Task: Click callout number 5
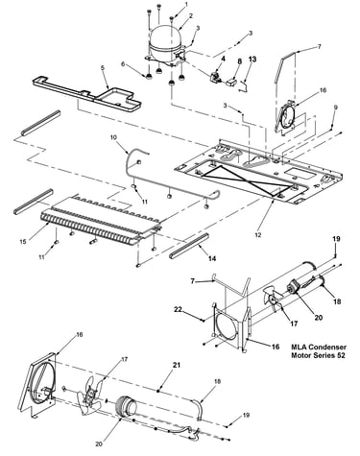[x=103, y=68]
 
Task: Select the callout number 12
[x=258, y=235]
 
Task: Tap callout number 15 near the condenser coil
[x=23, y=242]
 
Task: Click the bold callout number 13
[x=252, y=60]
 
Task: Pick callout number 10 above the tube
[x=113, y=137]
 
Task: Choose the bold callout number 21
[x=177, y=365]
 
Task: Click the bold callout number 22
[x=179, y=309]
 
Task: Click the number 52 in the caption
[x=341, y=355]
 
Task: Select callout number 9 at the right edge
[x=335, y=108]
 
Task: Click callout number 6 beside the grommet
[x=123, y=64]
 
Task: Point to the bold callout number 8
[x=240, y=60]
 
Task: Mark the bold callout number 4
[x=223, y=59]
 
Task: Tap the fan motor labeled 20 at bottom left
[x=126, y=406]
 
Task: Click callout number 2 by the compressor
[x=191, y=15]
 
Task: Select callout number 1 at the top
[x=186, y=4]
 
